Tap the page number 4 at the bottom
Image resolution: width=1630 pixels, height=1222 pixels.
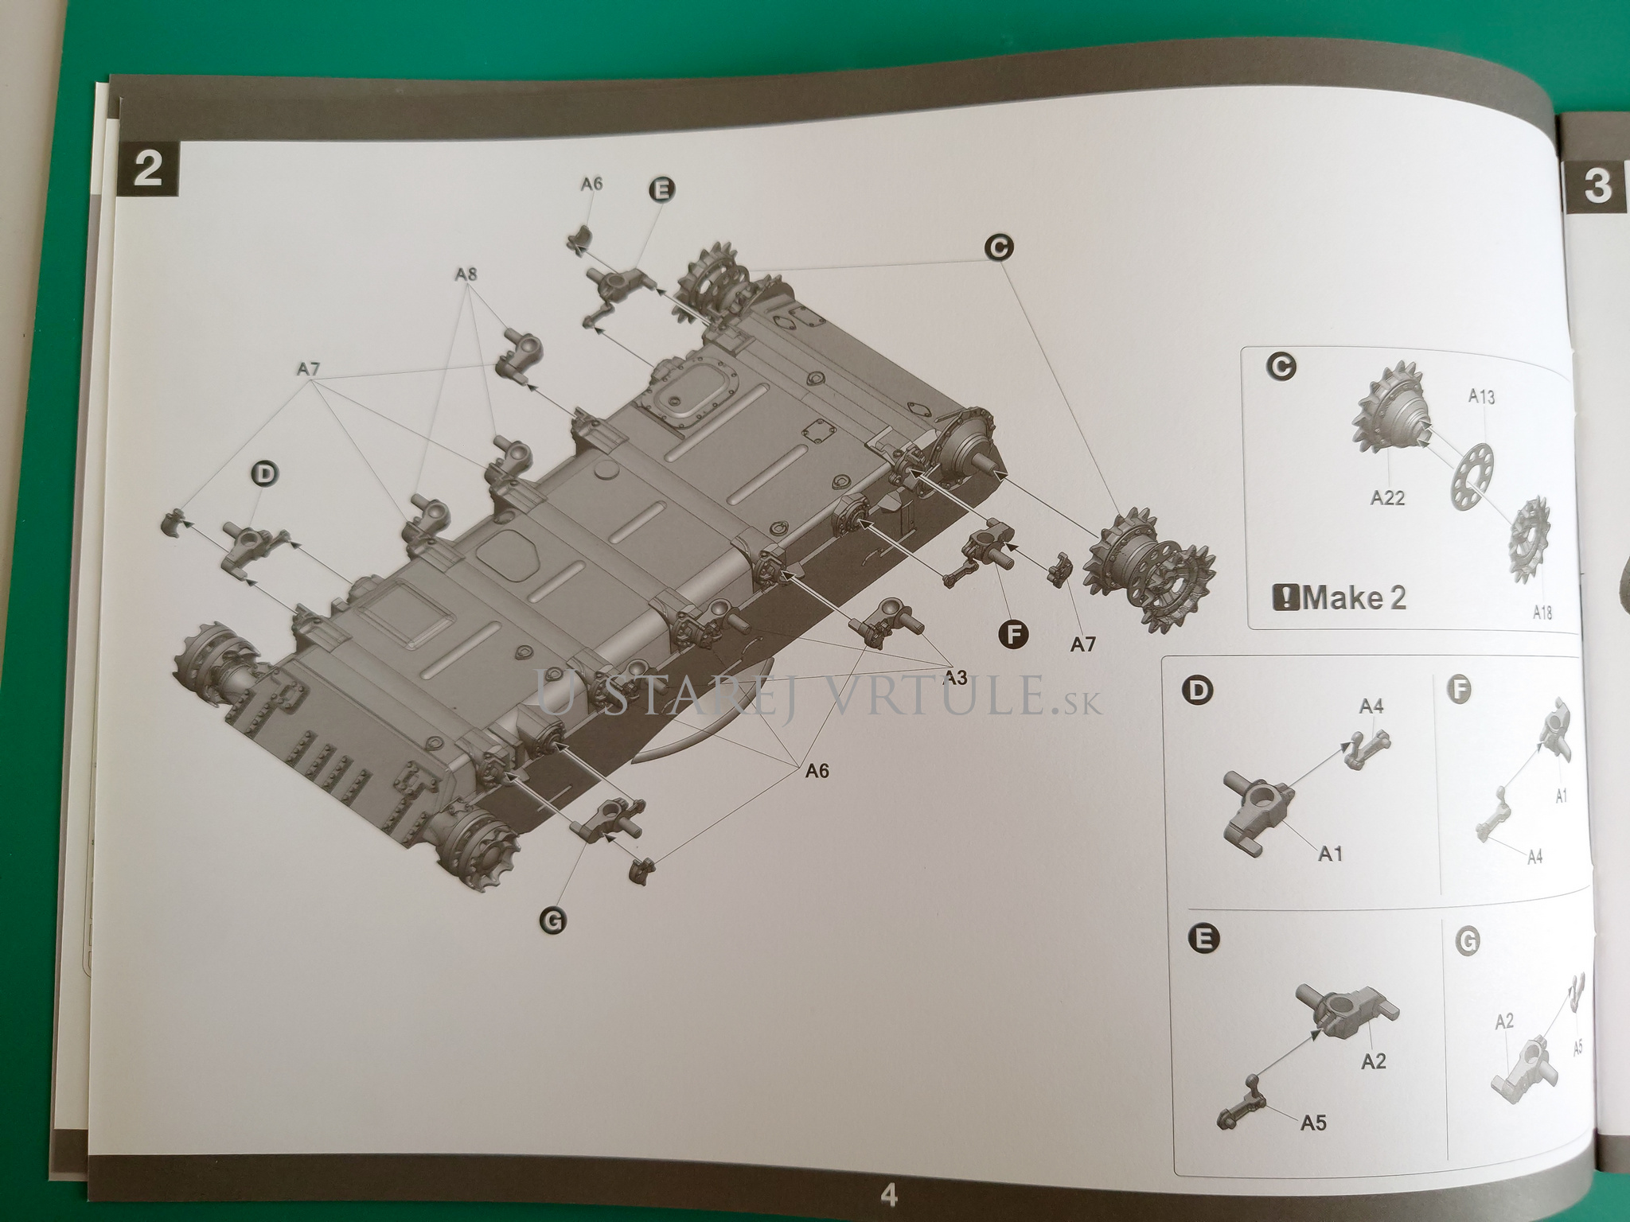point(888,1195)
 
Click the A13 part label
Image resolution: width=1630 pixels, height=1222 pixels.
point(1481,397)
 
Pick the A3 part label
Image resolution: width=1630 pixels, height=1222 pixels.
point(956,678)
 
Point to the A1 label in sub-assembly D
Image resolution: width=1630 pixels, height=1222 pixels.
point(1330,854)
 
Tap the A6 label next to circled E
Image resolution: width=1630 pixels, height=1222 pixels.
point(591,184)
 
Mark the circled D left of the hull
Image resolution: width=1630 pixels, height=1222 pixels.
point(266,474)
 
